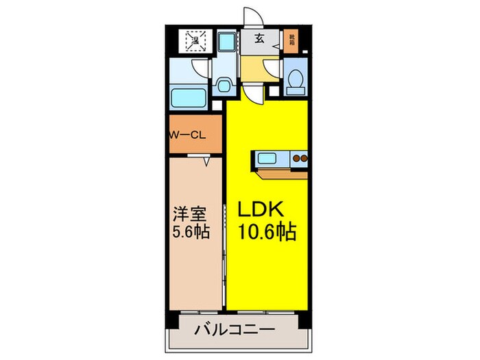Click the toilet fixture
coord(296,82)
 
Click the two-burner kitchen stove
coord(300,160)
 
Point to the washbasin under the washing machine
coord(224,86)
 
